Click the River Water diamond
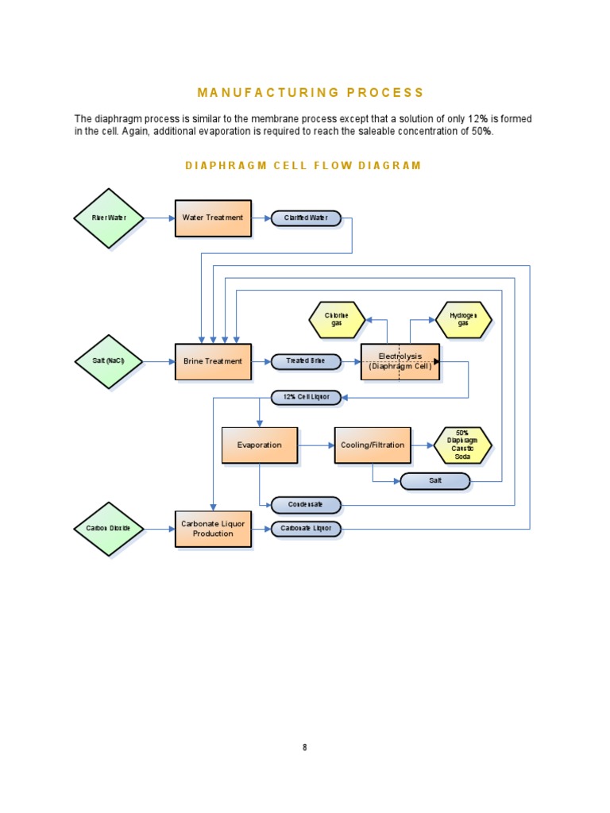[109, 218]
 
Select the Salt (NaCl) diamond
[109, 361]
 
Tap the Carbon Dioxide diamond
[109, 528]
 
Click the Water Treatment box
[213, 218]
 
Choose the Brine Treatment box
[213, 361]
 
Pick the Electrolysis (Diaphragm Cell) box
[400, 361]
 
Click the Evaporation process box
[260, 445]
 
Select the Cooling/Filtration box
[373, 445]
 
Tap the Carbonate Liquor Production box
[213, 528]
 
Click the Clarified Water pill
[306, 218]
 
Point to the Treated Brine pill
[306, 361]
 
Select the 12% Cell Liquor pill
[306, 396]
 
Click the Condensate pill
[306, 504]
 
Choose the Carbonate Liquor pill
[306, 528]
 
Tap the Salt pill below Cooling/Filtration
[434, 481]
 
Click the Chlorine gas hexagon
[337, 320]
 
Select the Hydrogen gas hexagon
[463, 320]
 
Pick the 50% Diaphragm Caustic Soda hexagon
[463, 445]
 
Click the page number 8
[304, 747]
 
